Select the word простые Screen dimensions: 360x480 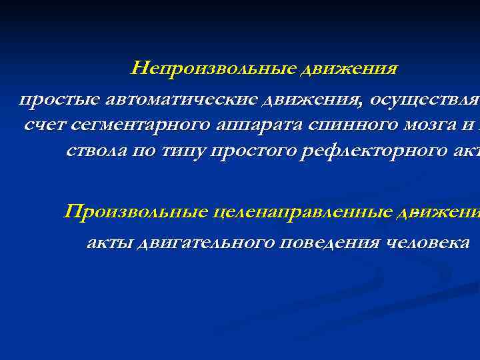(x=56, y=100)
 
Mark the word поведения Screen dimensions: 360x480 (x=330, y=243)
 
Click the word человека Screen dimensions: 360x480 (x=428, y=243)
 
